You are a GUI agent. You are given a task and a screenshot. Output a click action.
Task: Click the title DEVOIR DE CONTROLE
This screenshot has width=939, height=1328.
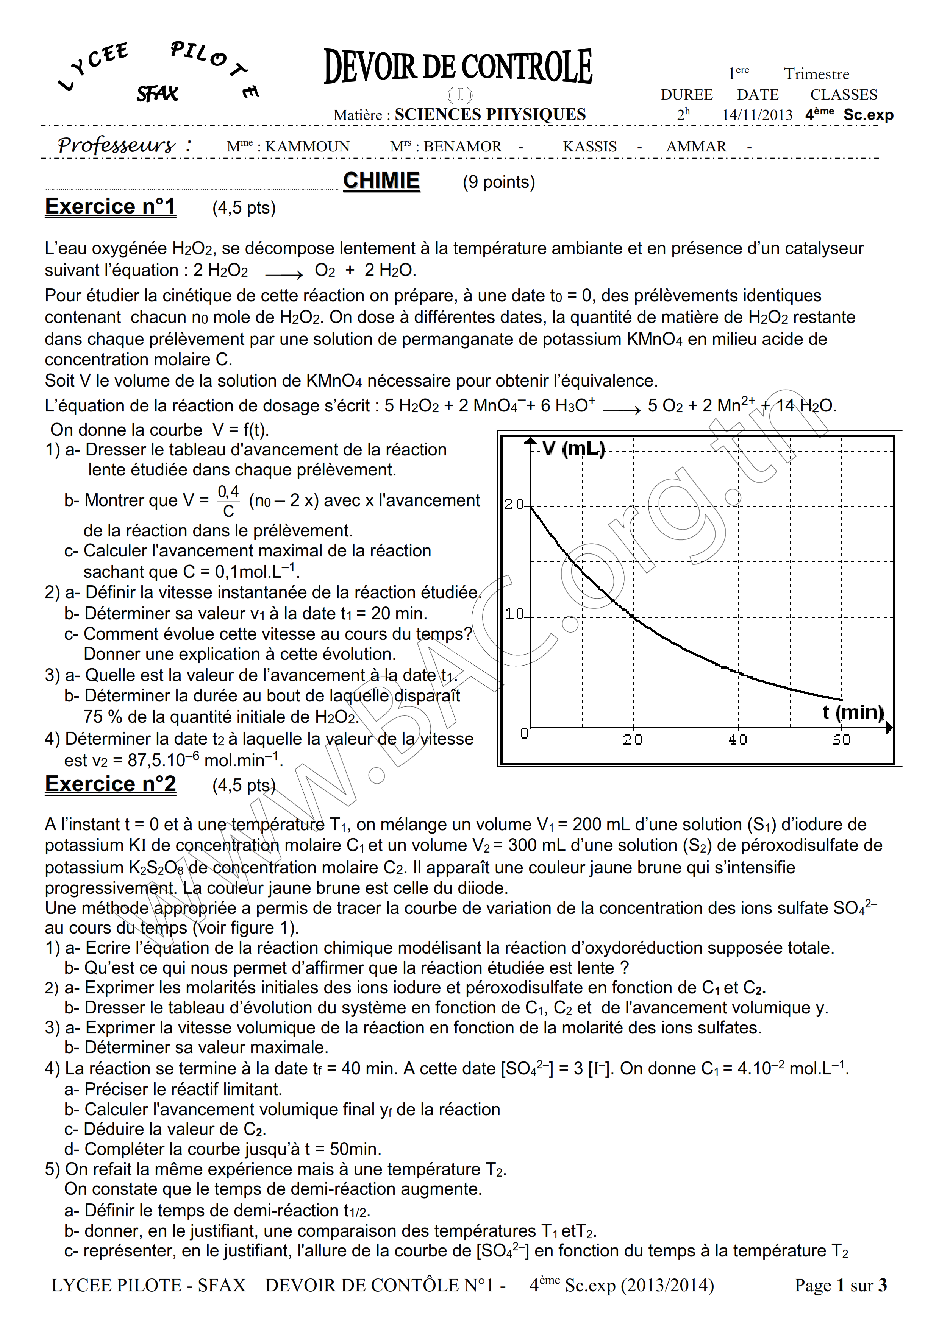[458, 67]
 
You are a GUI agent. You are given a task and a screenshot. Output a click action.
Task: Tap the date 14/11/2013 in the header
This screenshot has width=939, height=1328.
[757, 115]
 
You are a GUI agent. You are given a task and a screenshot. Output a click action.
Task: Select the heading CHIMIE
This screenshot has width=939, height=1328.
[381, 181]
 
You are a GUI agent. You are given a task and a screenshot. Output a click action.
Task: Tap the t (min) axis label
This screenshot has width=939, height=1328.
[852, 712]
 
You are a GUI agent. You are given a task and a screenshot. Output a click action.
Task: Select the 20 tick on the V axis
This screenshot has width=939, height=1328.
[513, 504]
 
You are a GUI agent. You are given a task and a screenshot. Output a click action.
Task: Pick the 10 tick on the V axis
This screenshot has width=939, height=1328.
[514, 614]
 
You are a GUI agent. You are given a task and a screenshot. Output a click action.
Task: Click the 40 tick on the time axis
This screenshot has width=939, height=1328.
[737, 740]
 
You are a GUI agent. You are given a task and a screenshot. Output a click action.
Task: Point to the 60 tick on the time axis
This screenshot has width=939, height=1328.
[841, 740]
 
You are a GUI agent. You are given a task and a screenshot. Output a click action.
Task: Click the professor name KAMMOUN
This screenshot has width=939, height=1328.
[307, 147]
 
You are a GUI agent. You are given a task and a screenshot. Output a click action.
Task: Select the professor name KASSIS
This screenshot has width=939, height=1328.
[589, 147]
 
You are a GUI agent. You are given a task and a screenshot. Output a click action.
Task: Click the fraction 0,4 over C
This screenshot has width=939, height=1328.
[228, 501]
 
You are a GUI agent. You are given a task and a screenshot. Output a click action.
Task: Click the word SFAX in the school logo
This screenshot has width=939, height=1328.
[157, 94]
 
